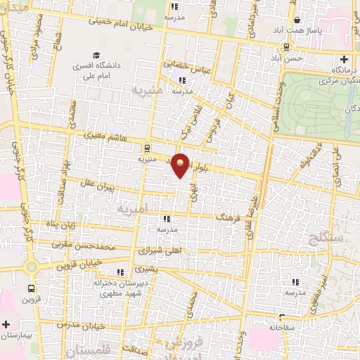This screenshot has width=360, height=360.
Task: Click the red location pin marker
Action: click(181, 165)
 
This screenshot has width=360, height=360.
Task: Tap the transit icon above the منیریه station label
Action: click(146, 148)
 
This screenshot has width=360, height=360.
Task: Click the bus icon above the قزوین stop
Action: click(31, 288)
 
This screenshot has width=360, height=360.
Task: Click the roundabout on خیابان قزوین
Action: click(31, 266)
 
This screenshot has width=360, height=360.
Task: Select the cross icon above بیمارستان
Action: click(6, 325)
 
